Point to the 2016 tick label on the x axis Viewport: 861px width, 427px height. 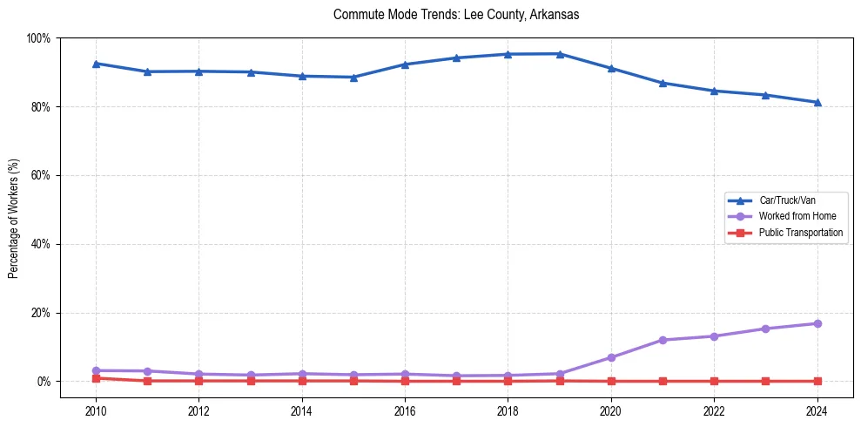tap(405, 412)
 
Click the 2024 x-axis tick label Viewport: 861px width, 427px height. tap(817, 412)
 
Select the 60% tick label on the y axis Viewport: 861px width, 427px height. tap(40, 175)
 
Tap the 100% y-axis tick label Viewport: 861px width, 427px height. tap(38, 38)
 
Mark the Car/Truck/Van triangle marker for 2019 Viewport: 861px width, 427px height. tap(560, 54)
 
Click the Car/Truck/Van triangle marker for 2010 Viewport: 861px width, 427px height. tap(96, 64)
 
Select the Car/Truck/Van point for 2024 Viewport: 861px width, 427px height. tap(817, 102)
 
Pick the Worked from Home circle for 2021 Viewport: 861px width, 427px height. tap(663, 340)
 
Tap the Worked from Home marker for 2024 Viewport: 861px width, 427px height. tap(817, 323)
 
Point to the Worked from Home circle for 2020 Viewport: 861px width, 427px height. tap(611, 357)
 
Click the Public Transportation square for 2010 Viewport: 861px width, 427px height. tap(96, 378)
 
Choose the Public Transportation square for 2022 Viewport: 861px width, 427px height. tap(714, 381)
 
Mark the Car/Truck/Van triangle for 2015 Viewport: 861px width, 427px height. tap(353, 78)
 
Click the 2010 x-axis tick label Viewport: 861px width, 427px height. tap(96, 412)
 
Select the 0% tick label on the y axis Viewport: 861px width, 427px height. tap(43, 382)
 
